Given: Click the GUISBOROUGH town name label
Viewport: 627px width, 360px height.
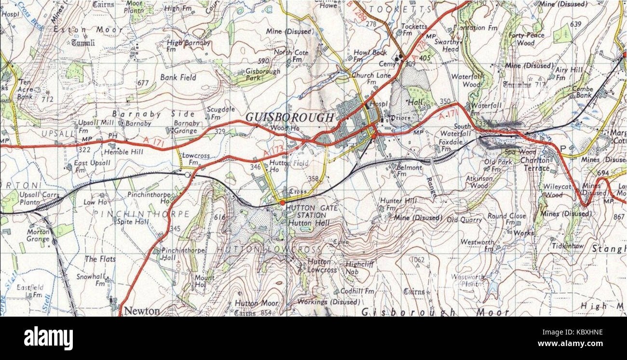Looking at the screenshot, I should [x=289, y=117].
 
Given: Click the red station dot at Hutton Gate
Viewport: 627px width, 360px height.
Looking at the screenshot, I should [x=282, y=203].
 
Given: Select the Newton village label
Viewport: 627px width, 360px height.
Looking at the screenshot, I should [x=142, y=311].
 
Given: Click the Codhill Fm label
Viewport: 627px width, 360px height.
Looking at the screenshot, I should [x=357, y=291].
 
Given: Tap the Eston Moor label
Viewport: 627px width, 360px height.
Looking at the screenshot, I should [x=88, y=29].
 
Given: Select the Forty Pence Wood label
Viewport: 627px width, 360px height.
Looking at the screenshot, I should [x=526, y=39].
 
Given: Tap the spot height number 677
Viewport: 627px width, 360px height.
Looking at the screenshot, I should [x=143, y=83].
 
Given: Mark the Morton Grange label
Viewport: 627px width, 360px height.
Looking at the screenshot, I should [x=38, y=235].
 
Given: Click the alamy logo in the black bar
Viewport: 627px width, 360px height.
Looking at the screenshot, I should [x=48, y=338].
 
